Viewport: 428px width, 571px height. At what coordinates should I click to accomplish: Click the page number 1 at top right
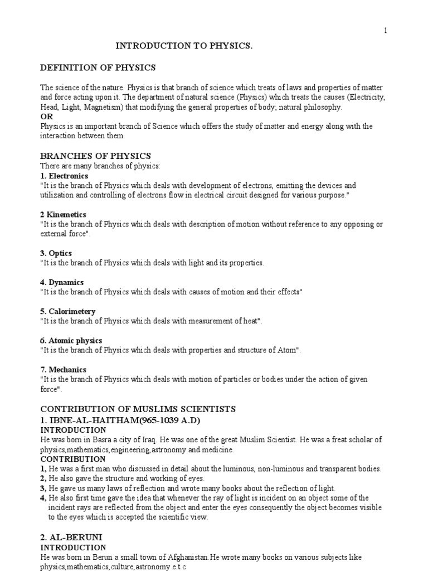385,31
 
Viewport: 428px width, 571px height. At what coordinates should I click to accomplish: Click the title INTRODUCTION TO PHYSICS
184,47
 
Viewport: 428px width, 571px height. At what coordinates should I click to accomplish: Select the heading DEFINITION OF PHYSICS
98,68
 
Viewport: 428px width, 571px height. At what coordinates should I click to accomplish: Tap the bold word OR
46,117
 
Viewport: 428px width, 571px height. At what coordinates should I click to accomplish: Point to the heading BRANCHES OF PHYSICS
95,156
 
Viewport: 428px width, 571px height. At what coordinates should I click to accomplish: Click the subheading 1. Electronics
64,176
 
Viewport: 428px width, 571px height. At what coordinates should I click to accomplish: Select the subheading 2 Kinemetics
63,215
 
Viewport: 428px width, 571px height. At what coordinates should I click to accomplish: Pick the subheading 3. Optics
56,253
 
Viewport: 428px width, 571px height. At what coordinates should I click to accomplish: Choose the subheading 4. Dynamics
62,282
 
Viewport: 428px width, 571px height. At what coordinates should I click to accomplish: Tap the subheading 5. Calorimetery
67,311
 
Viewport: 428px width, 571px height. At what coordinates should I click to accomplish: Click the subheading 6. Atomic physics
71,340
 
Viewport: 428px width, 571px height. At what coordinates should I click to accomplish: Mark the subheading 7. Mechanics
63,369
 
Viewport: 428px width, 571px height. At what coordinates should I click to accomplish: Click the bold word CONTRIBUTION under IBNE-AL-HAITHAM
73,459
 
